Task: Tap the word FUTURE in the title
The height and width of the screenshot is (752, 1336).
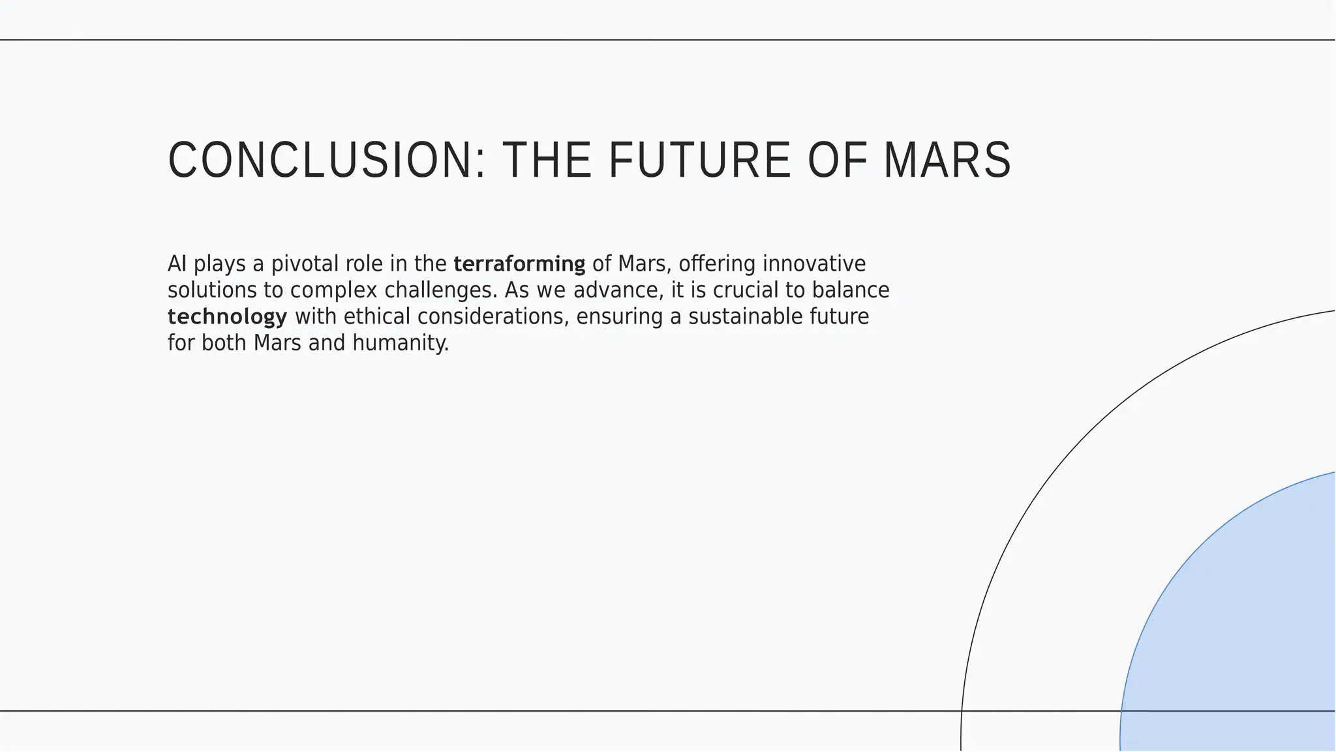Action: point(699,160)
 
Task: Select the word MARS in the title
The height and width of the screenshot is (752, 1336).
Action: point(947,160)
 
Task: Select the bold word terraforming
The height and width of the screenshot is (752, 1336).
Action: point(519,264)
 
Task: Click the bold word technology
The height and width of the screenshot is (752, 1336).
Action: point(227,317)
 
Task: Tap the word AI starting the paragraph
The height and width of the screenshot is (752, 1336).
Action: point(177,264)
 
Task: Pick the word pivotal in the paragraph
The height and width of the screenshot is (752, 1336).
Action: point(305,264)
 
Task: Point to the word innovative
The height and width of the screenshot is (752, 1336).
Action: point(814,264)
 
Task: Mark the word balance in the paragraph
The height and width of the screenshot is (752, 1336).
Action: point(851,291)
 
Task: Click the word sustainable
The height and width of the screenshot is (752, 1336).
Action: point(745,317)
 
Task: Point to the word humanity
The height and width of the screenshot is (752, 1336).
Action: point(401,343)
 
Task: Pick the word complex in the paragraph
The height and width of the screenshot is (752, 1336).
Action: point(334,291)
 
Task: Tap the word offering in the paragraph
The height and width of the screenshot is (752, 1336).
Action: point(717,264)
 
